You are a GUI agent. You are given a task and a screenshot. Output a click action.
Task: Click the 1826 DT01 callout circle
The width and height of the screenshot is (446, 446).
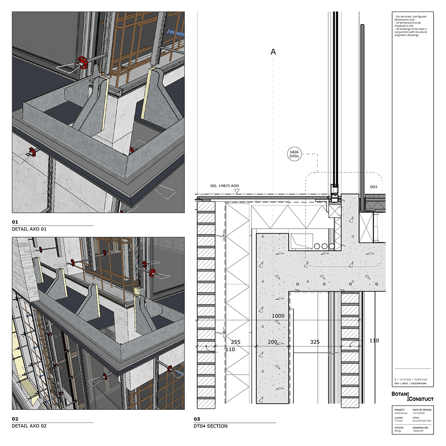(x=294, y=154)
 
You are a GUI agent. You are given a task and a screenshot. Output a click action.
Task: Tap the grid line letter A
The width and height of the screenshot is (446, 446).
(x=273, y=52)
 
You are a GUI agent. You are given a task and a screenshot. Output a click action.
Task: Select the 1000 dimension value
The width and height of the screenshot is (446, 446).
(x=278, y=316)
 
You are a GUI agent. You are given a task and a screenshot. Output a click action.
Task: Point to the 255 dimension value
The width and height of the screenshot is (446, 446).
(x=235, y=342)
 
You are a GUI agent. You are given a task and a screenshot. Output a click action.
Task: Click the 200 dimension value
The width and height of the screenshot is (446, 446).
(x=272, y=342)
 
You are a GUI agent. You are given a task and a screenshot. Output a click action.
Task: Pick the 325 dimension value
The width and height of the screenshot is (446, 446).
(x=315, y=342)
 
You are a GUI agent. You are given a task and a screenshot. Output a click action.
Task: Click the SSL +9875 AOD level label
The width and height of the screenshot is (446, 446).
(x=224, y=186)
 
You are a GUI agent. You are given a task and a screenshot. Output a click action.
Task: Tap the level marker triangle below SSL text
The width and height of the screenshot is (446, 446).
(x=237, y=191)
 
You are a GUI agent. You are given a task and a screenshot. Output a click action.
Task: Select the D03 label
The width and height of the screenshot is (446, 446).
(x=374, y=187)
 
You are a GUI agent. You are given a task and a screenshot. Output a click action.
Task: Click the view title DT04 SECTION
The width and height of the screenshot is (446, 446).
(x=210, y=426)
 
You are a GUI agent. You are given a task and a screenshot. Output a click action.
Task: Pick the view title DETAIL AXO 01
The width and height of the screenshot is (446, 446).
(x=29, y=229)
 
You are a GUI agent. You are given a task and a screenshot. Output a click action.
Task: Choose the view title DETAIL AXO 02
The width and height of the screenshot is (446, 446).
(x=29, y=426)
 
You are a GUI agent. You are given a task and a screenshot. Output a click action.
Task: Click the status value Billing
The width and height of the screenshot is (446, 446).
(x=398, y=431)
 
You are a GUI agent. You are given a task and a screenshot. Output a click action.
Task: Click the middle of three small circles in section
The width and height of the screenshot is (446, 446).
(x=325, y=246)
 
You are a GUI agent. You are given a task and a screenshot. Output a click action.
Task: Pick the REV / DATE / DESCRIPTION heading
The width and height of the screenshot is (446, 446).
(x=410, y=383)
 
